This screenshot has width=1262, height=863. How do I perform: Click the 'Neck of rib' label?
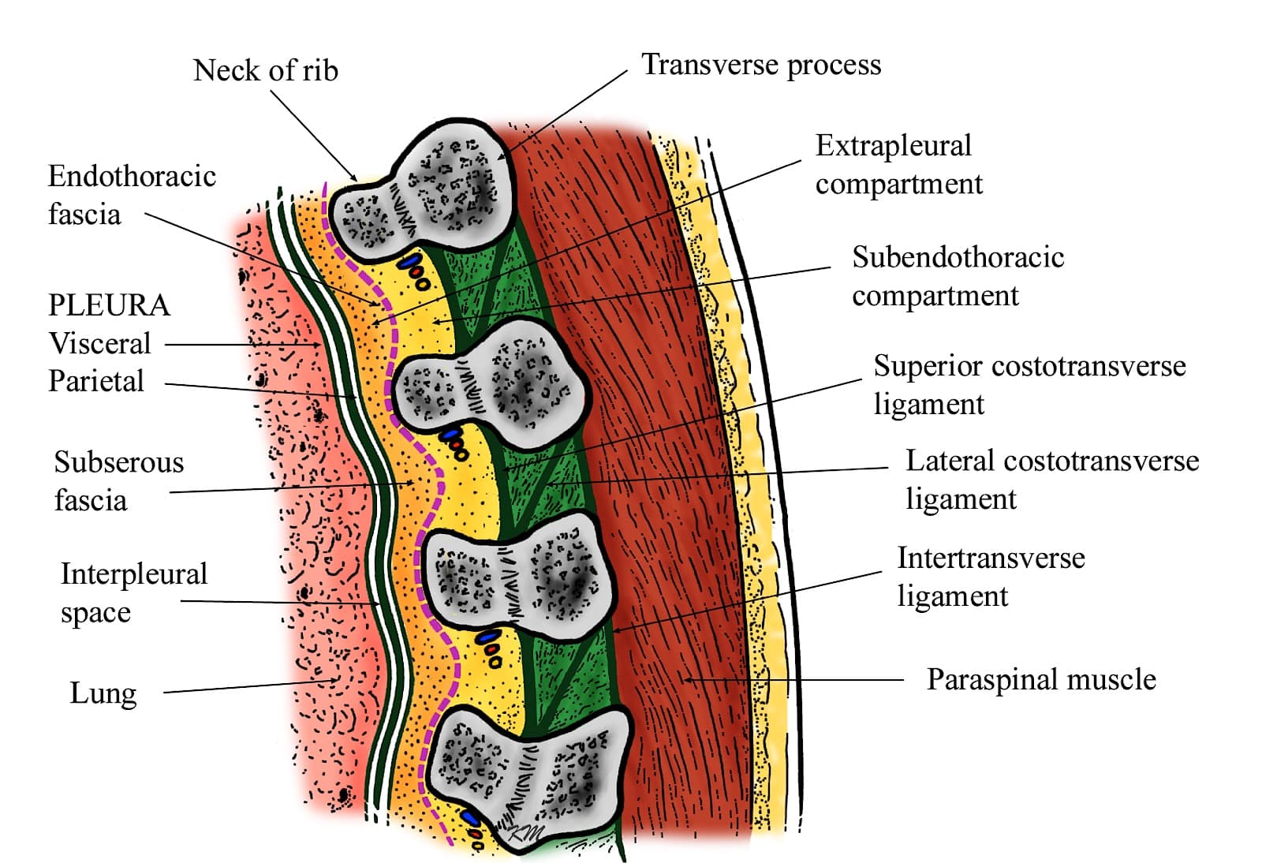pyautogui.click(x=265, y=71)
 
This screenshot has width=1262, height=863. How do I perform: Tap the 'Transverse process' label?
pyautogui.click(x=761, y=65)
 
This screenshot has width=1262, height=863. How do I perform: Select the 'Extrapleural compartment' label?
pyautogui.click(x=898, y=164)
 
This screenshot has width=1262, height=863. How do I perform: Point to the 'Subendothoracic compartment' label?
pyautogui.click(x=958, y=276)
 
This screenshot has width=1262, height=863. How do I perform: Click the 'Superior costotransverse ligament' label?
pyautogui.click(x=1029, y=384)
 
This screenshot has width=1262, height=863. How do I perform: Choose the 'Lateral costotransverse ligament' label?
pyautogui.click(x=1051, y=480)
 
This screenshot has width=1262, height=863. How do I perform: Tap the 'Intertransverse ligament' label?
pyautogui.click(x=991, y=577)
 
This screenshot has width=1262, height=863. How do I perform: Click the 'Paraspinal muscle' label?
pyautogui.click(x=1040, y=680)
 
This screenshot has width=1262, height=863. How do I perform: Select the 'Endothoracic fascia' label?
pyautogui.click(x=132, y=195)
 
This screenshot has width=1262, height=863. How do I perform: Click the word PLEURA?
pyautogui.click(x=109, y=305)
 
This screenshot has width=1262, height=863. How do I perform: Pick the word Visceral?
pyautogui.click(x=99, y=343)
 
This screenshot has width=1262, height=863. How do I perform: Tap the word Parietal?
pyautogui.click(x=96, y=381)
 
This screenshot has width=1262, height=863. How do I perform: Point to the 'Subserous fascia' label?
pyautogui.click(x=118, y=480)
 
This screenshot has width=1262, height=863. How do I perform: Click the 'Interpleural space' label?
pyautogui.click(x=133, y=592)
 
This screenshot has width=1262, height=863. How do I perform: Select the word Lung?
pyautogui.click(x=103, y=693)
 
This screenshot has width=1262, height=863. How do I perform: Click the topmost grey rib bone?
pyautogui.click(x=426, y=193)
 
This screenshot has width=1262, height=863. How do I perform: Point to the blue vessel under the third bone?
pyautogui.click(x=487, y=636)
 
